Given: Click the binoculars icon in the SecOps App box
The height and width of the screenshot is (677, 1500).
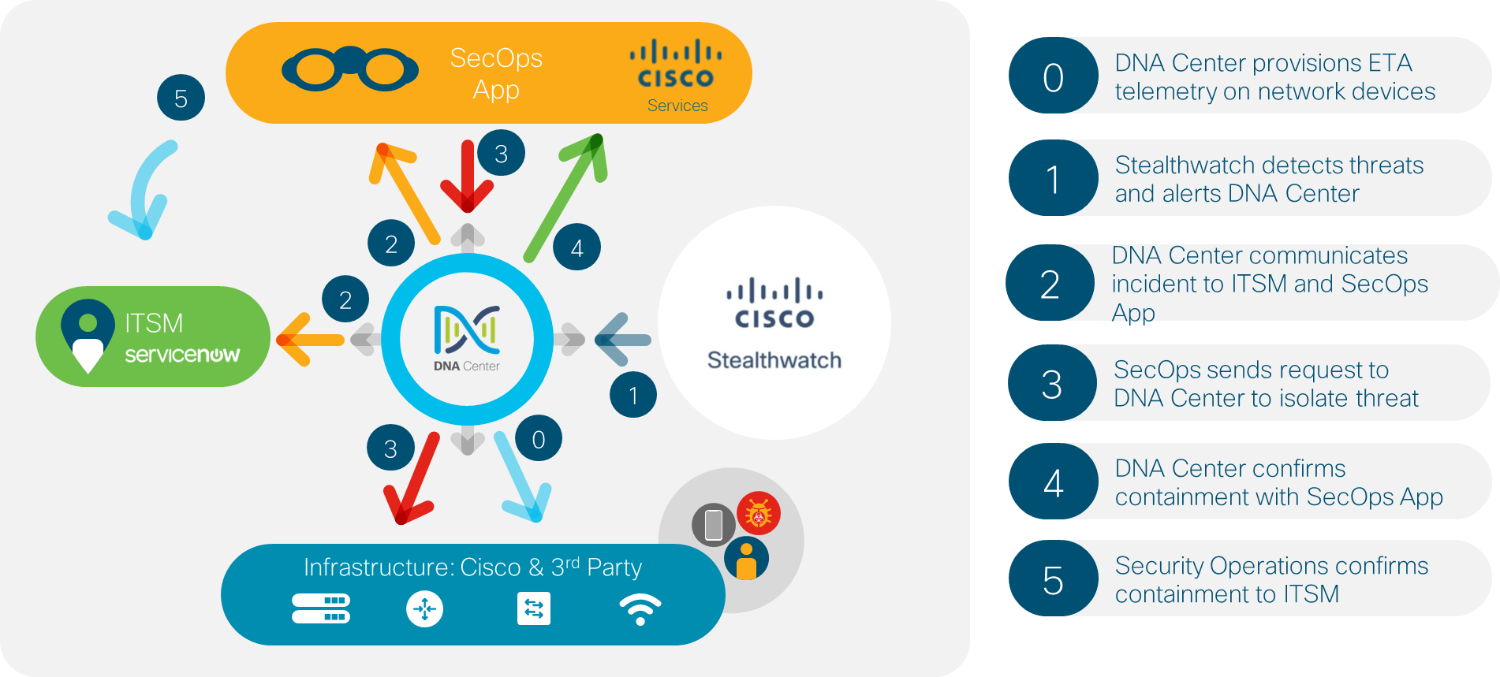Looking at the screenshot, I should pos(349,69).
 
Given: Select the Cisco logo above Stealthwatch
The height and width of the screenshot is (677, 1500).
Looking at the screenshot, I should pos(774,303).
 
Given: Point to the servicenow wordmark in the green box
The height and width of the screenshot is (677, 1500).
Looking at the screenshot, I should pos(182,355).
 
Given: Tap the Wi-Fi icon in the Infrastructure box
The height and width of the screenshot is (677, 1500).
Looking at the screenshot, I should pos(640,609).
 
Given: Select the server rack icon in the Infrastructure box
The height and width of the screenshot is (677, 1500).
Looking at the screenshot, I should pos(321,608).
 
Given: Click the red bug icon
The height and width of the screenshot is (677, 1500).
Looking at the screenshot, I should pos(759,513).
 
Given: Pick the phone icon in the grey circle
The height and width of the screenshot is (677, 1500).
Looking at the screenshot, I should pos(714,525).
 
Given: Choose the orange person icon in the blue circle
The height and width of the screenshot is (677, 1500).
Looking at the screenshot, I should pos(746,559).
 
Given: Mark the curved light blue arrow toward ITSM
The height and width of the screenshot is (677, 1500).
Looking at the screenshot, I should pos(145,190).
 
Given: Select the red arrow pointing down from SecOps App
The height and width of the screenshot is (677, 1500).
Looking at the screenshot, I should pos(467,177).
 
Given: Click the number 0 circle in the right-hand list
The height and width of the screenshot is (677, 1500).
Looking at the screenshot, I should pos(1053,76).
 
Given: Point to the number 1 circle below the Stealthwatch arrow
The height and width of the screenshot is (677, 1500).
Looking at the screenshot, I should pos(632,394).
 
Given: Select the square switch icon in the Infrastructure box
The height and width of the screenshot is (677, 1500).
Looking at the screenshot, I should pos(534,609).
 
